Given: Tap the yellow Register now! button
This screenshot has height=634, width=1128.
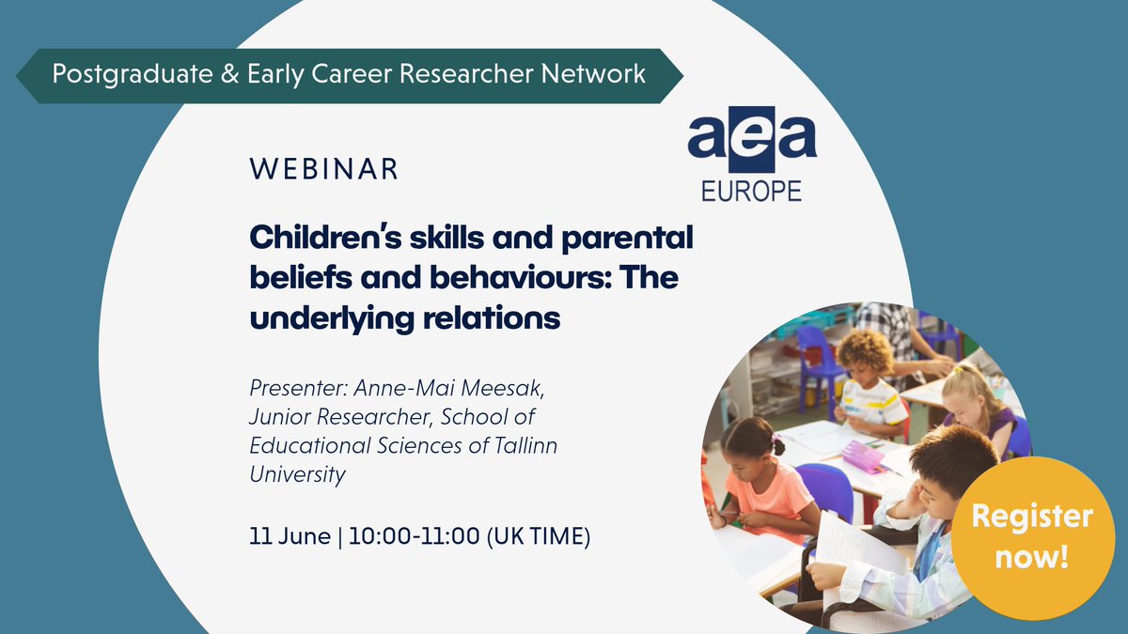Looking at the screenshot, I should (x=1031, y=534).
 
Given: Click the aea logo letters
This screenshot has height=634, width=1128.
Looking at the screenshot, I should (x=752, y=139).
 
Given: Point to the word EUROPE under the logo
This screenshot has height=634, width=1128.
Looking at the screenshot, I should (x=752, y=191).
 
